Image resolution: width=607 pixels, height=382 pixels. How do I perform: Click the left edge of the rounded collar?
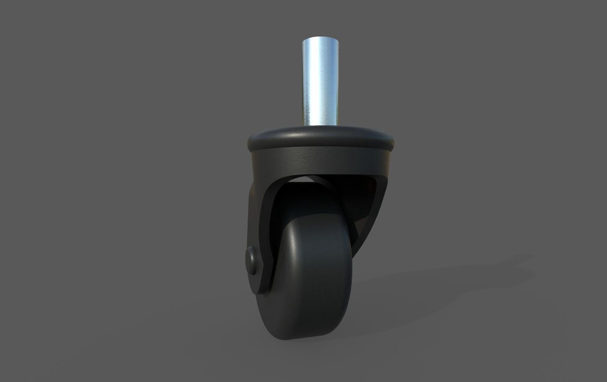coord(248,142)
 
